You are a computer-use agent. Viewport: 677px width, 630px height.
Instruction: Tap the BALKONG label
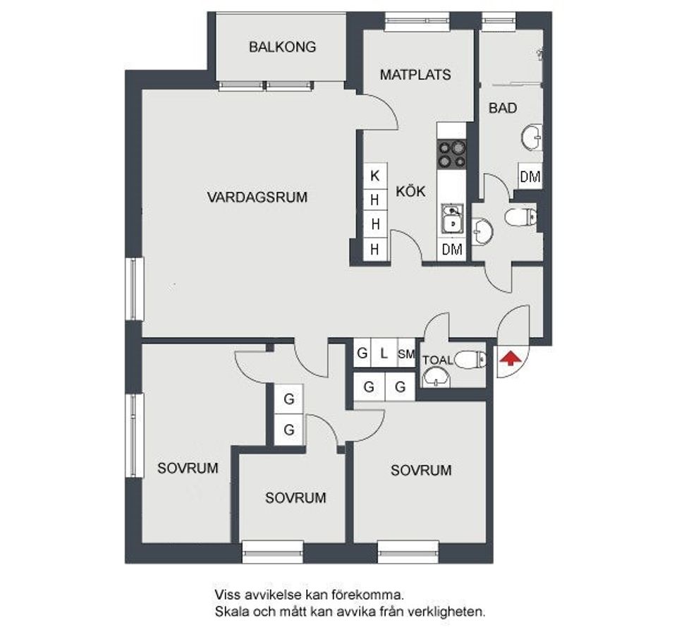coord(282,48)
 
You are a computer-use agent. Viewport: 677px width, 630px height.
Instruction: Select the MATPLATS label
coord(415,74)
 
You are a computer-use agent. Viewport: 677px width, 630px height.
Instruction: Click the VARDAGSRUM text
coord(257,197)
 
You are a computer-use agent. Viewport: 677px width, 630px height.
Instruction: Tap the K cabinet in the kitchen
coord(374,176)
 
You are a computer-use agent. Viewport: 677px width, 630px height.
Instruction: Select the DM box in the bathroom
coord(530,177)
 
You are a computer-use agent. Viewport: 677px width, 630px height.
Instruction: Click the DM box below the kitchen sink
coord(452,249)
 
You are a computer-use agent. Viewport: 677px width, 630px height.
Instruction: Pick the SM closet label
coord(406,354)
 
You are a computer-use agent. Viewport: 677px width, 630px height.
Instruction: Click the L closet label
coord(384,354)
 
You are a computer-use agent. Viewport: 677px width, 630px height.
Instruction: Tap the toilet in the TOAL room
coord(470,360)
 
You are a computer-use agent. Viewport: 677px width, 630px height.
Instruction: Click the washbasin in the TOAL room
coord(438,379)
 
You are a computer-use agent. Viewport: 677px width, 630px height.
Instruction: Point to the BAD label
coord(503,108)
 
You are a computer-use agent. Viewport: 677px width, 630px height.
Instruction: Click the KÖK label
coord(410,191)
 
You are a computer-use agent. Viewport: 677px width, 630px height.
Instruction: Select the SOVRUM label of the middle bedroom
coord(295,497)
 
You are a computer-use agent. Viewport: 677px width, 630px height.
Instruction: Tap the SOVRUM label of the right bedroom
coord(421,471)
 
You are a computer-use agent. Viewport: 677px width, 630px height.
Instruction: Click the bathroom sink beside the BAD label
coord(532,138)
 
